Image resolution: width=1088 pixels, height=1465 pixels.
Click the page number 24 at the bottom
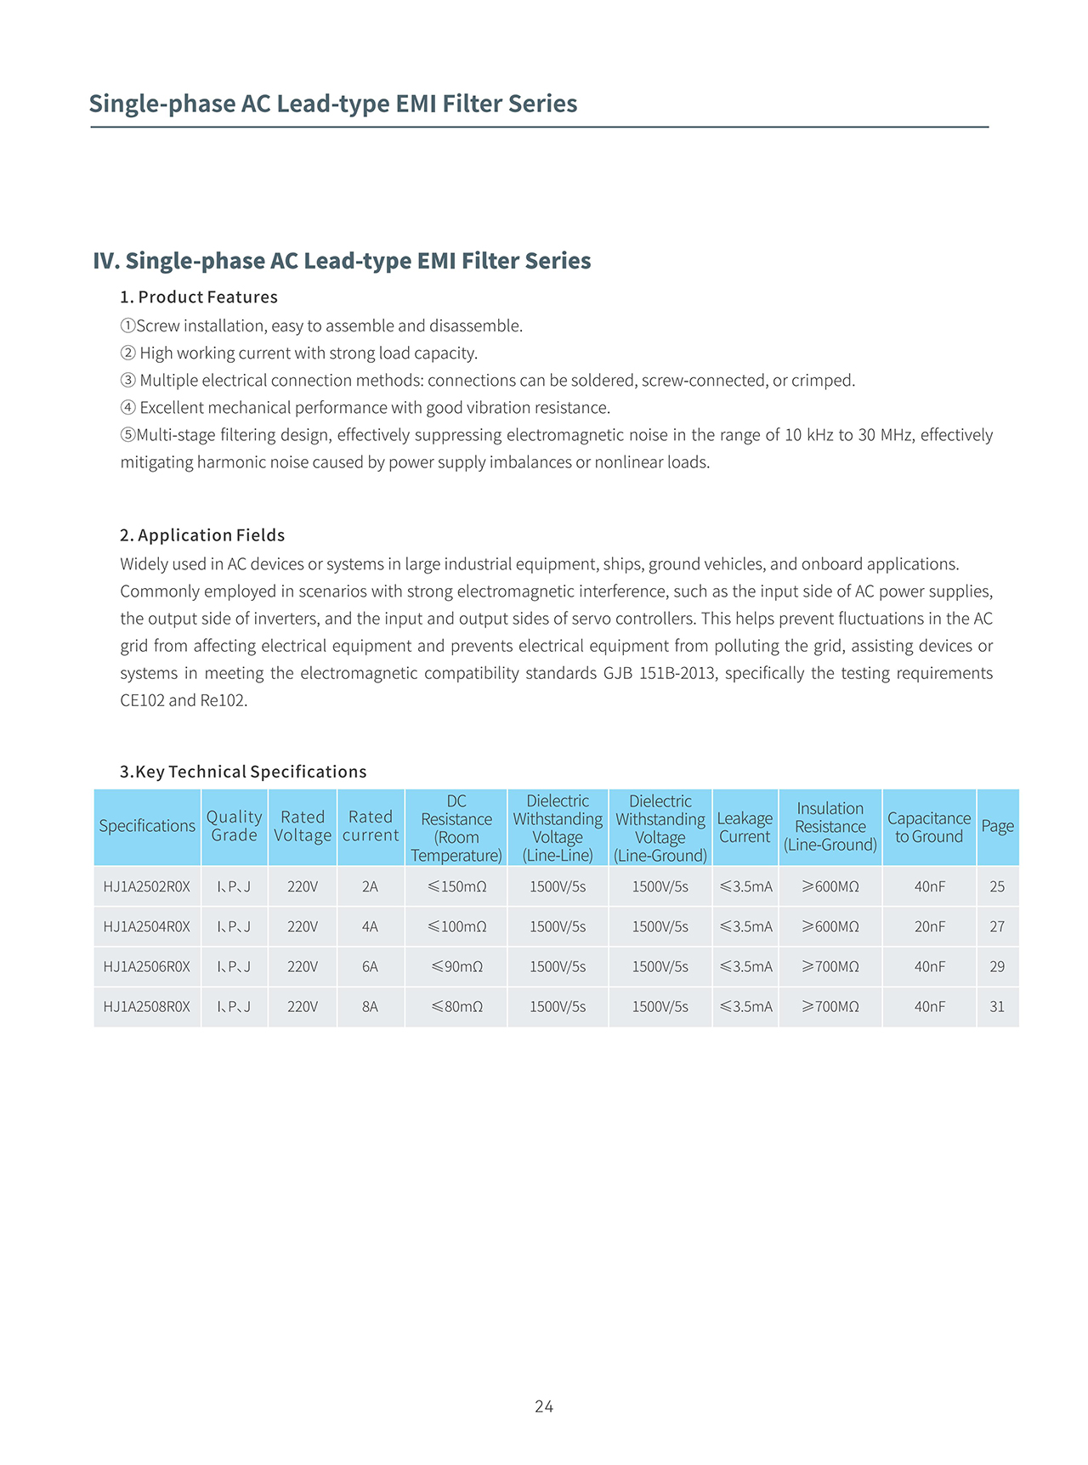(x=544, y=1406)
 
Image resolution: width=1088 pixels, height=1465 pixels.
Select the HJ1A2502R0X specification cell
(x=147, y=886)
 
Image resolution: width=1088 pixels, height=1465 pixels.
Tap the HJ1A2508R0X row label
(x=147, y=1006)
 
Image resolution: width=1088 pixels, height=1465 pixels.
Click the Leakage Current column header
(x=745, y=827)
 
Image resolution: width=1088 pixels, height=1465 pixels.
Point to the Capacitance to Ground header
(x=929, y=827)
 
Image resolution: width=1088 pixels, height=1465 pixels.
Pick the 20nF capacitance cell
(x=929, y=926)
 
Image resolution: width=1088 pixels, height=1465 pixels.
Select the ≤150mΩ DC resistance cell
(x=456, y=886)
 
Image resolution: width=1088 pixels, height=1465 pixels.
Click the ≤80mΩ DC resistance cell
(x=456, y=1006)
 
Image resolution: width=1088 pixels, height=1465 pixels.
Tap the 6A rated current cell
(x=370, y=966)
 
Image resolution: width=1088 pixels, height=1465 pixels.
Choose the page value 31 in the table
(x=997, y=1006)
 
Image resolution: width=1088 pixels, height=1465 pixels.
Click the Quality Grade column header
(x=234, y=826)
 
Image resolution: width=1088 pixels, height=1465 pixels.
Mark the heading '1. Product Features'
(x=199, y=297)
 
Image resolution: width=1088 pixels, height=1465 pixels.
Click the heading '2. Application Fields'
(x=202, y=535)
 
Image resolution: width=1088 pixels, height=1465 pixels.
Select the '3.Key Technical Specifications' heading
(x=243, y=772)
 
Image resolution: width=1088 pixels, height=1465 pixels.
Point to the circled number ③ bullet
(x=127, y=380)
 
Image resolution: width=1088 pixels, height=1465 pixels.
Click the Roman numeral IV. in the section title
(x=106, y=261)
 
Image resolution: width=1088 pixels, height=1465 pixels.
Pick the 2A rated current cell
(x=370, y=886)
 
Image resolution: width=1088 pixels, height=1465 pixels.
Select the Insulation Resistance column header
(x=830, y=827)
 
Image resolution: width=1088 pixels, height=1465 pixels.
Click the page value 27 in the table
(x=997, y=926)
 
